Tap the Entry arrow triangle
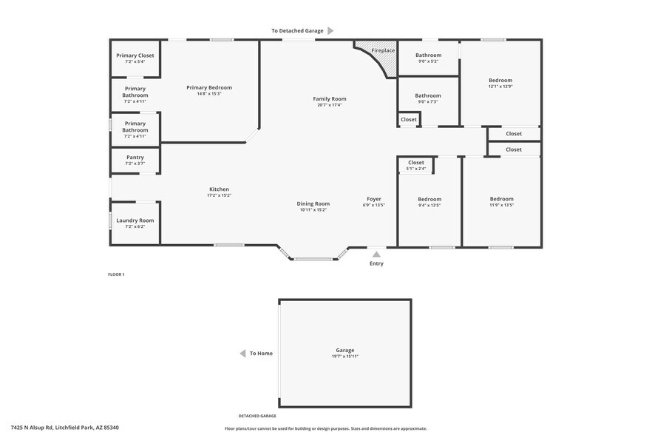[376, 254]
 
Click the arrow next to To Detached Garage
[330, 30]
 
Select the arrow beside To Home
[242, 354]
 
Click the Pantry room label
[135, 157]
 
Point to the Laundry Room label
[135, 220]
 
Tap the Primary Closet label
[135, 55]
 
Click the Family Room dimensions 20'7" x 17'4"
[330, 105]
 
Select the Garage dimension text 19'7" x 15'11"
[345, 357]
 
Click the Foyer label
[374, 199]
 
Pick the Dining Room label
[313, 203]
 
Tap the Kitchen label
[219, 189]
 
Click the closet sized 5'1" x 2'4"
[416, 165]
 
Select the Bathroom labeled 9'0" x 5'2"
[428, 58]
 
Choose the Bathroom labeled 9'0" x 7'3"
[428, 98]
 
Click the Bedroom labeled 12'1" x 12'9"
[500, 83]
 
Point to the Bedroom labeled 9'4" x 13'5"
[429, 202]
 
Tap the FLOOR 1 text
[117, 274]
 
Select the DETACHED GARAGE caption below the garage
[257, 417]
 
